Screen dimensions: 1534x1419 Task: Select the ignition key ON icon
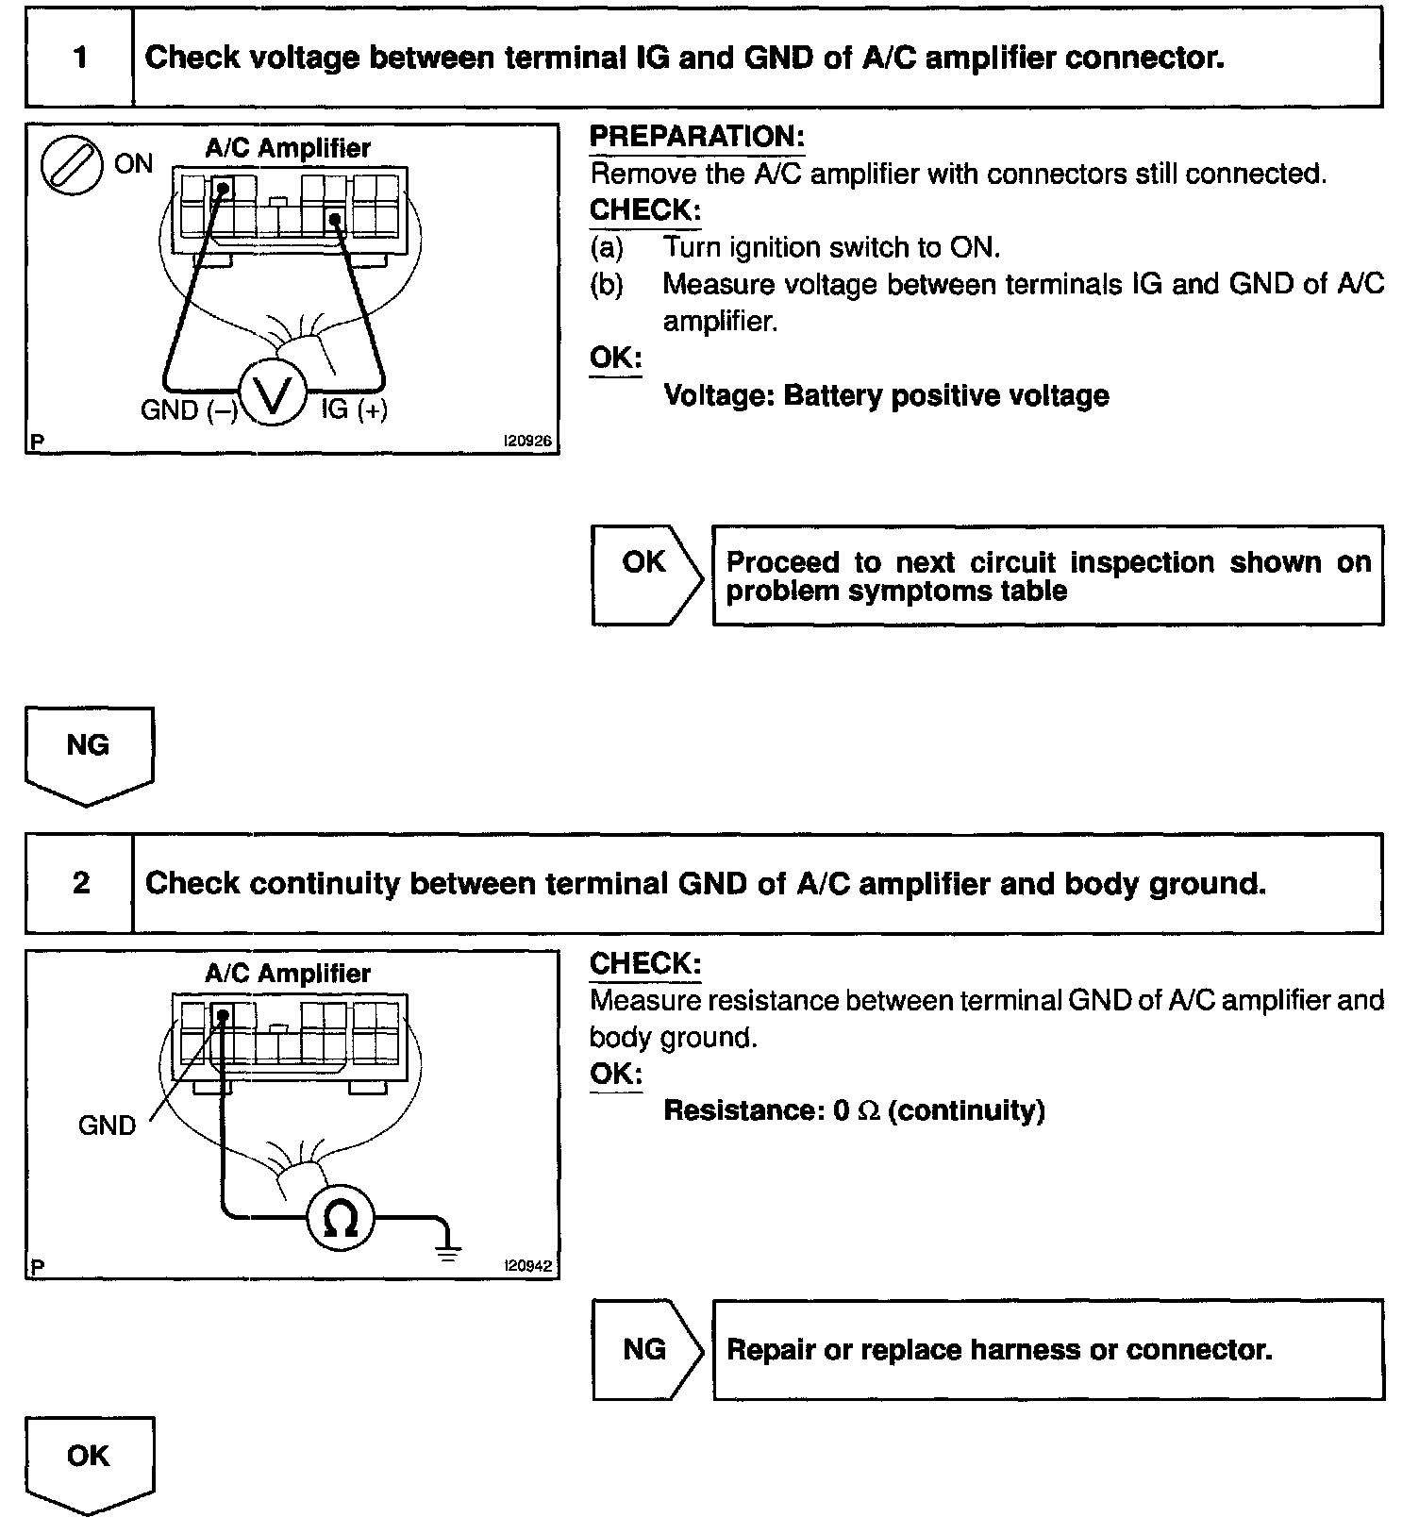[72, 165]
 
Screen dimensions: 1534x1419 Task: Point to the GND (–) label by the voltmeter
[189, 410]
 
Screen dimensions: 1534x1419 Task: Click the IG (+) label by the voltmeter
[355, 409]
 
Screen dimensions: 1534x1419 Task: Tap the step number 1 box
[80, 58]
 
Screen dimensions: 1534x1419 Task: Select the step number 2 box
[80, 884]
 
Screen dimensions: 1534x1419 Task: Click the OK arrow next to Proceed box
[647, 575]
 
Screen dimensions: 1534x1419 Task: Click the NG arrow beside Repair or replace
[647, 1350]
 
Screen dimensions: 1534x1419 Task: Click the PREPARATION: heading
[696, 137]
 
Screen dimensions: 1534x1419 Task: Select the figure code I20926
[527, 441]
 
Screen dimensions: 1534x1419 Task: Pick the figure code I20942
[527, 1266]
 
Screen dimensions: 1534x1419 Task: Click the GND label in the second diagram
[107, 1125]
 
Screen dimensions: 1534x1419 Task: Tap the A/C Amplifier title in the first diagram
[288, 148]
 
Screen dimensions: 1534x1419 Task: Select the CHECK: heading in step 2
[645, 963]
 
